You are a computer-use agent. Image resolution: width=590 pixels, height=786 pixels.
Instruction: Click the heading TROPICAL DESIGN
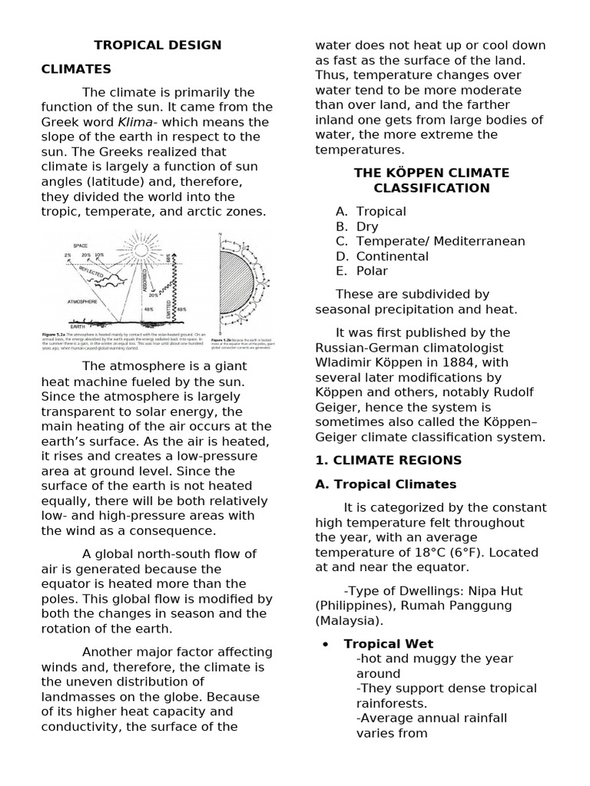click(x=157, y=45)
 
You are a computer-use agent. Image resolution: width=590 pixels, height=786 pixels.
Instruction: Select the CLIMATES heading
click(x=76, y=69)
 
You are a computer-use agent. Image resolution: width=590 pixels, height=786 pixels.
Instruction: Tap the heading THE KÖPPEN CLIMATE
click(x=431, y=173)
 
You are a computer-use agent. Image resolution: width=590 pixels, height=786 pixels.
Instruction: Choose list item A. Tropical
click(x=371, y=211)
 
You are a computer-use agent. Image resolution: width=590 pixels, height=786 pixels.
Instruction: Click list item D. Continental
click(x=382, y=256)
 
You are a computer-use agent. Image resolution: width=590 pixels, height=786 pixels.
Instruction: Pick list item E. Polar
click(x=362, y=271)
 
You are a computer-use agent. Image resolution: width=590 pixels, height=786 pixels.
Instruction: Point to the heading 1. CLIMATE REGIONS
click(x=389, y=461)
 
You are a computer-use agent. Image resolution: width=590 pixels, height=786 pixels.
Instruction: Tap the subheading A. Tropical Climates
click(x=386, y=484)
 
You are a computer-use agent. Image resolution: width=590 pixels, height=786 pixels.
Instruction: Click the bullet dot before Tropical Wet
click(x=328, y=644)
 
